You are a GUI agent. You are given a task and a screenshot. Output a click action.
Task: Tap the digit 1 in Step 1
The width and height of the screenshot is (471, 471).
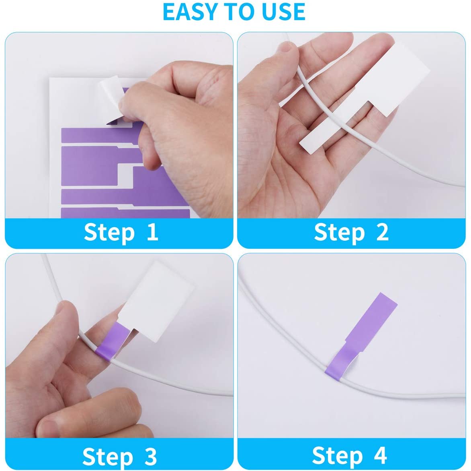[153, 232]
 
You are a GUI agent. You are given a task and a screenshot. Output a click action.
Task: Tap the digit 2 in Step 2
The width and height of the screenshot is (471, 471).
[383, 232]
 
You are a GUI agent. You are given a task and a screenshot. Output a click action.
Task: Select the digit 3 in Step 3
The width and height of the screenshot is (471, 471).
[151, 456]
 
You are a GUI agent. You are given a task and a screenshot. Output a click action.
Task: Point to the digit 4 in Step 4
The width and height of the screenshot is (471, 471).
[380, 455]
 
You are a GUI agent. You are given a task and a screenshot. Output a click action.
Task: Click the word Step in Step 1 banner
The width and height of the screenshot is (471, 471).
[109, 233]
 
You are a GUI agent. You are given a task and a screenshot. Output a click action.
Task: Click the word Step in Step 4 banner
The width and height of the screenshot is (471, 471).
[338, 456]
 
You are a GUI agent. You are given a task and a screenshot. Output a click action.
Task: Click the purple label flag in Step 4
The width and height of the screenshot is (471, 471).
[363, 334]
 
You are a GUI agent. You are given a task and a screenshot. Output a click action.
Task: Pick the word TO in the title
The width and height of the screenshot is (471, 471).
[241, 12]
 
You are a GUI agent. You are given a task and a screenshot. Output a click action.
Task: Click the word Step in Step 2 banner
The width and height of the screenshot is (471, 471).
[340, 233]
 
